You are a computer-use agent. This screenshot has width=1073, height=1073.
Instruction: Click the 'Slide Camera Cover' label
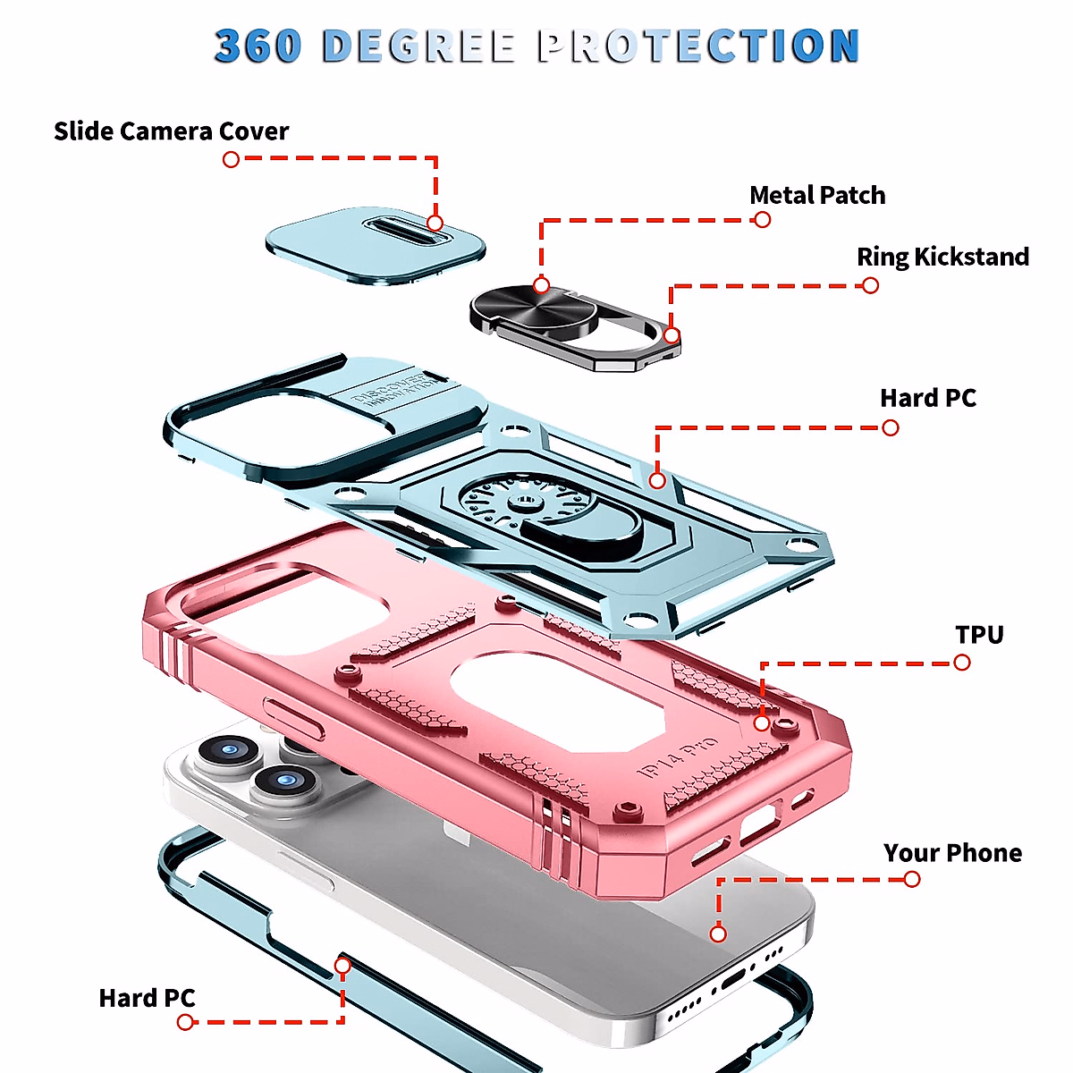tap(171, 131)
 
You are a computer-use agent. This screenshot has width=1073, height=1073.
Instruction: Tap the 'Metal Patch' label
tap(817, 195)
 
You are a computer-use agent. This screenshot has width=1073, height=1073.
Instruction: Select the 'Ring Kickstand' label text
tap(942, 257)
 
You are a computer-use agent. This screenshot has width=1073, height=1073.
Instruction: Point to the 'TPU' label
tap(979, 635)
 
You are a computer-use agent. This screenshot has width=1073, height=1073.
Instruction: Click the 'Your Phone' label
tap(952, 853)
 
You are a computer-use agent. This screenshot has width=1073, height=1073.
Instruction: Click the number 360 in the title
tap(258, 46)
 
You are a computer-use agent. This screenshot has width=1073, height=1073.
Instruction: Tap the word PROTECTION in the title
tap(698, 46)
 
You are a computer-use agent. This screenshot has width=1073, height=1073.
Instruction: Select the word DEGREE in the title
tap(418, 46)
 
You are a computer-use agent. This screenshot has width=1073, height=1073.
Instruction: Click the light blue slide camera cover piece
tap(376, 246)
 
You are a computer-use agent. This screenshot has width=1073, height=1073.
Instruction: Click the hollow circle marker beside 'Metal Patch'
tap(762, 220)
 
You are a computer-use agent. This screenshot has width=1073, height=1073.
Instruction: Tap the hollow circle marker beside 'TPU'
tap(961, 663)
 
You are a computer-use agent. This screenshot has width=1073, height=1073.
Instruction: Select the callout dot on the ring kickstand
tap(672, 335)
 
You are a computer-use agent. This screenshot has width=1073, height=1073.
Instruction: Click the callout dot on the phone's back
tap(718, 934)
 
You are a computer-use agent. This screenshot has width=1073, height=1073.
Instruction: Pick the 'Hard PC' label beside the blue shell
tap(927, 398)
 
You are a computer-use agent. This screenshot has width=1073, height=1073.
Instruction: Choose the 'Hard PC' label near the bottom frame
tap(147, 998)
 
